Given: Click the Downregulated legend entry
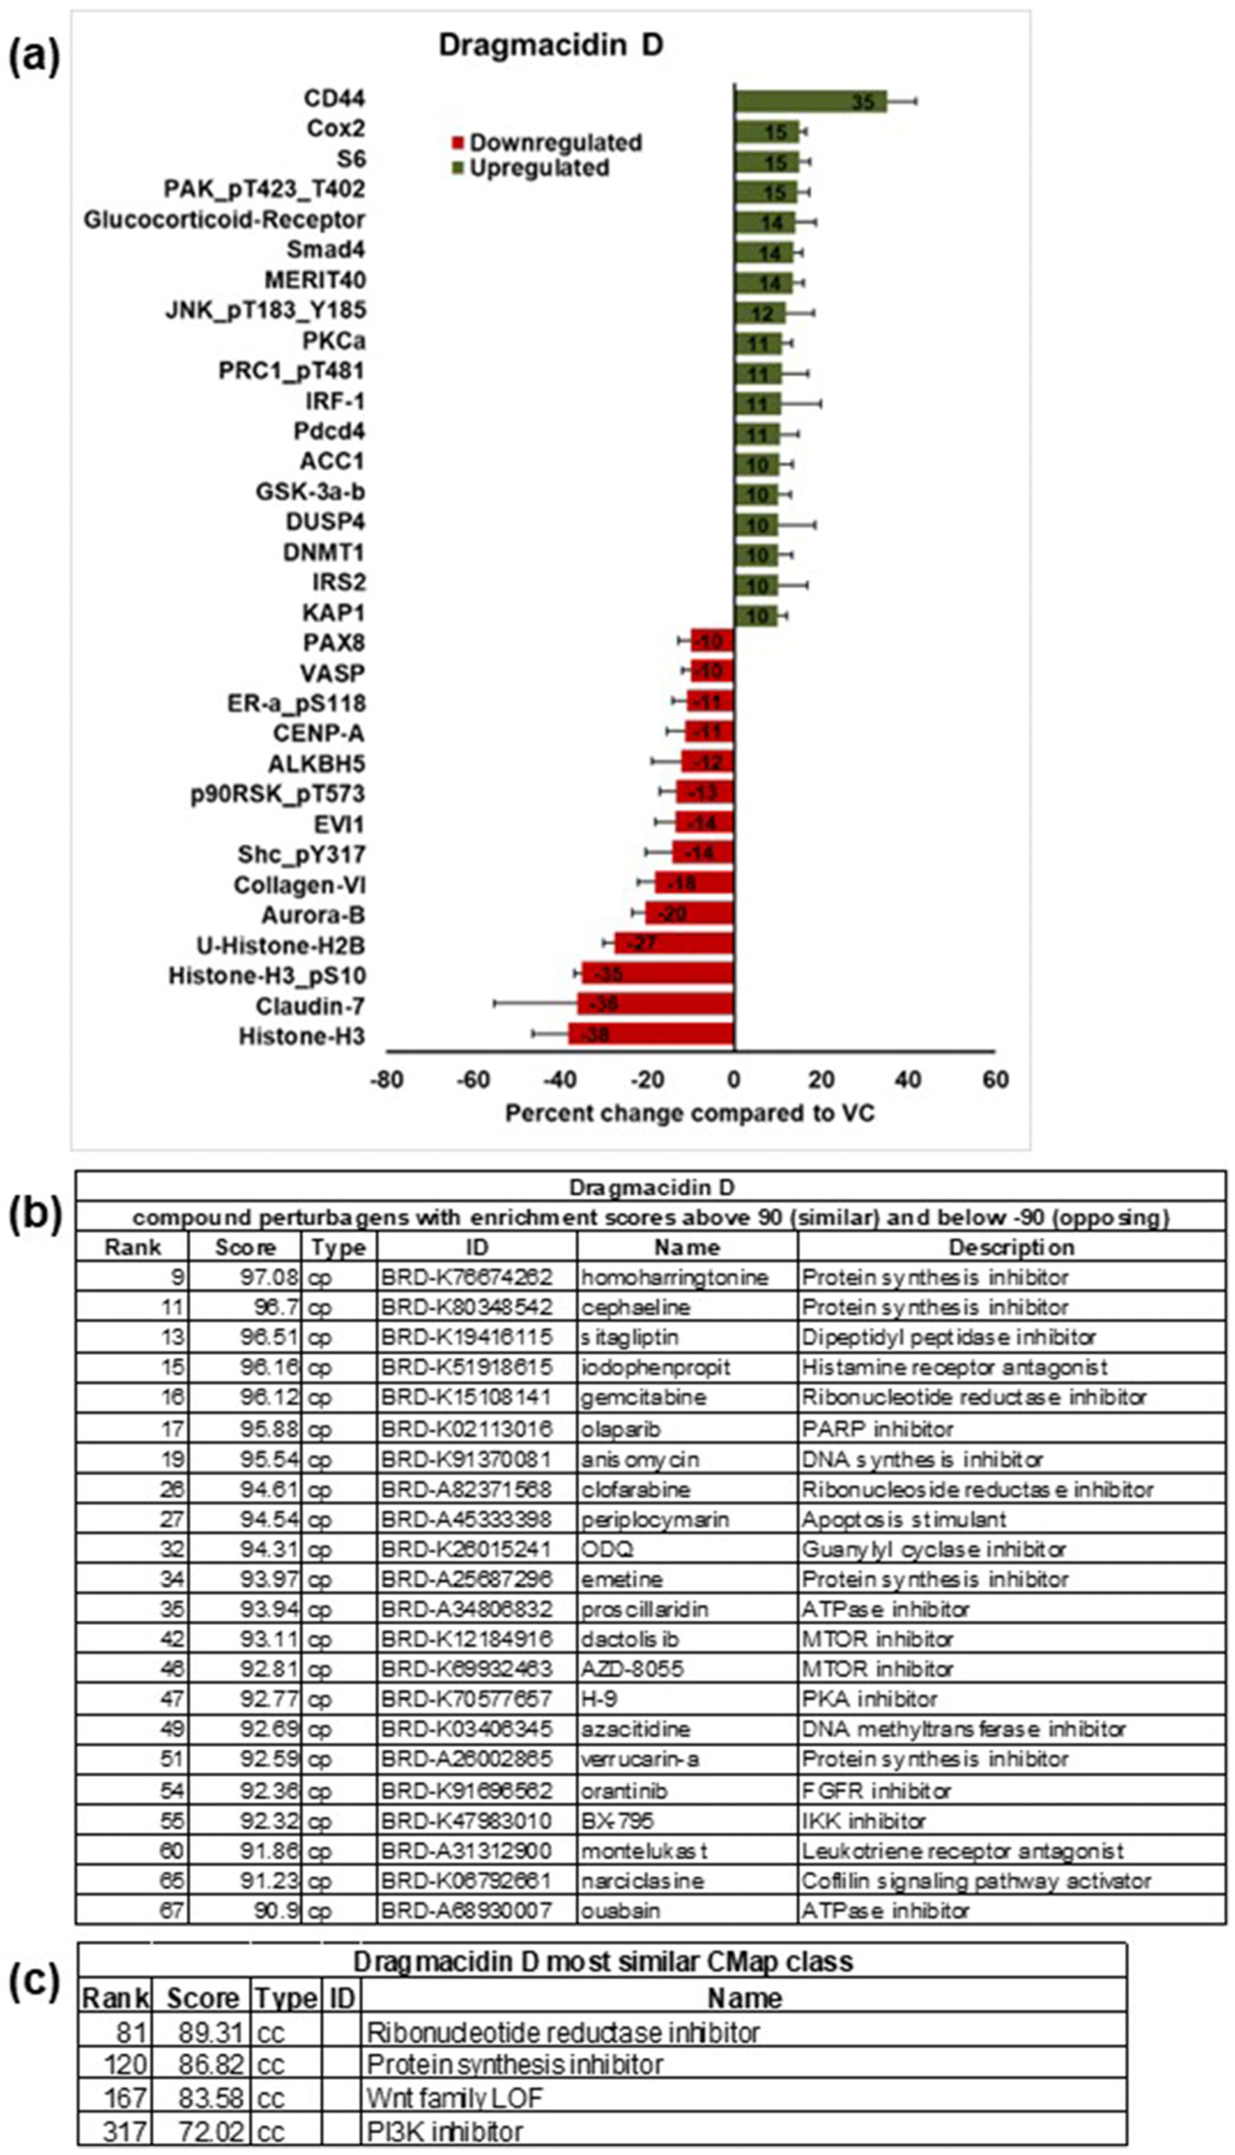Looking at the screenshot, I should point(547,142).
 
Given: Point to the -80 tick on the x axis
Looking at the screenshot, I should point(387,1080).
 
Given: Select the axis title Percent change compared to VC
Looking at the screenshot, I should point(690,1113).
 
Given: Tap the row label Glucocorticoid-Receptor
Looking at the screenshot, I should point(224,219).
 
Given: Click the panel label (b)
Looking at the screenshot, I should point(34,1215).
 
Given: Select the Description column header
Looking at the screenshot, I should point(1011,1248).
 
